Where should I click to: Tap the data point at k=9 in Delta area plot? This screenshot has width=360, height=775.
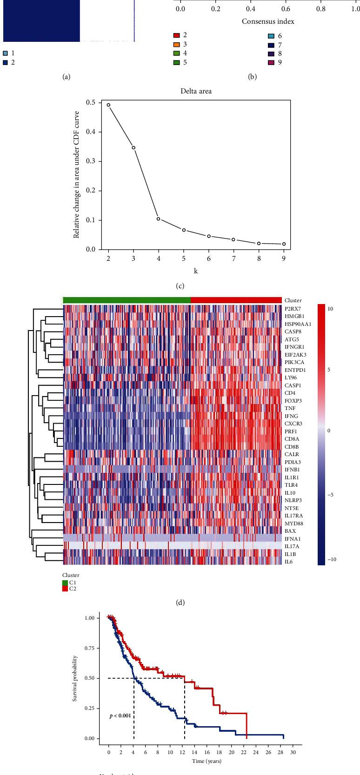click(284, 244)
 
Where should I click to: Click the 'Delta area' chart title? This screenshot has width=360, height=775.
click(196, 91)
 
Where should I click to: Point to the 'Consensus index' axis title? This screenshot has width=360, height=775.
click(268, 21)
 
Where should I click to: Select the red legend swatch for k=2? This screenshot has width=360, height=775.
click(177, 35)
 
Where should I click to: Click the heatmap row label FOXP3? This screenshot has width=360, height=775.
click(293, 400)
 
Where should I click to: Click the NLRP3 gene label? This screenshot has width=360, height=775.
click(293, 500)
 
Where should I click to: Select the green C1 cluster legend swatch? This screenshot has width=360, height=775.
click(65, 583)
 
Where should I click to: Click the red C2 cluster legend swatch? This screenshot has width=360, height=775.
click(65, 589)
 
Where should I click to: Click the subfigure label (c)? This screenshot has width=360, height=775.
click(180, 287)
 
